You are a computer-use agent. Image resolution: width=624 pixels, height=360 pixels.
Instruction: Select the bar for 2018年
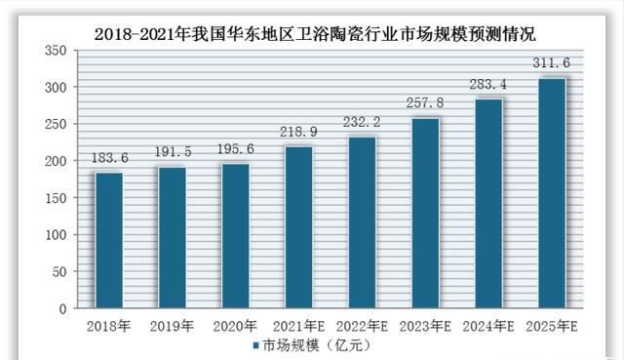click(108, 241)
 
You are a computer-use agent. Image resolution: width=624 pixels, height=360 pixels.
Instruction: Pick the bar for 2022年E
click(361, 222)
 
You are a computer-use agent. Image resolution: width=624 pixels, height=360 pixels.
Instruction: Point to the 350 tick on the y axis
click(56, 51)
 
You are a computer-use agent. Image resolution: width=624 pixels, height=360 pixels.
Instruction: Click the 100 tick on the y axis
click(56, 235)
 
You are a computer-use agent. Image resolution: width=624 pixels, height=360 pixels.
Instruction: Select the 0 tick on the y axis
click(62, 309)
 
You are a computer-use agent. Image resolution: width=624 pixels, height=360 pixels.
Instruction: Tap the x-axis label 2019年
click(172, 325)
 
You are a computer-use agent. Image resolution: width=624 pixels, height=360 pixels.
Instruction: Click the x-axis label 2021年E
click(298, 325)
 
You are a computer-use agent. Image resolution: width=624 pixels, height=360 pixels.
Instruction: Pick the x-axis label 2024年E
click(487, 325)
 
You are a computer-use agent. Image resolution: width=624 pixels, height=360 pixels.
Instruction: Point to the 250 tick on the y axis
click(56, 125)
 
